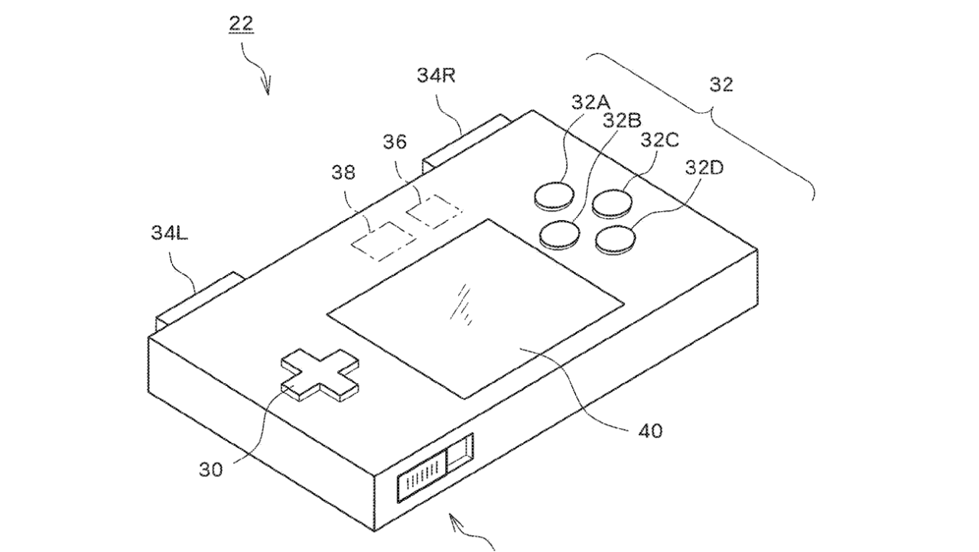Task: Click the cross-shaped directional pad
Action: [320, 375]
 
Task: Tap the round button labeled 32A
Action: [554, 196]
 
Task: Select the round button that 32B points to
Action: [560, 235]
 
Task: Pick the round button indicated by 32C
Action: [613, 204]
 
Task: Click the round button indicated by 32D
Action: [616, 240]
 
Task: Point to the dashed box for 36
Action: [434, 211]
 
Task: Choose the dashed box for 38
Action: [384, 241]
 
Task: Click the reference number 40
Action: [650, 431]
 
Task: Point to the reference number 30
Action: [210, 470]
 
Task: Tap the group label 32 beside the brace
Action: [721, 85]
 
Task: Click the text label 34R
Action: [436, 76]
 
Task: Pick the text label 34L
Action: [170, 233]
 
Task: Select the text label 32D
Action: [704, 167]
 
